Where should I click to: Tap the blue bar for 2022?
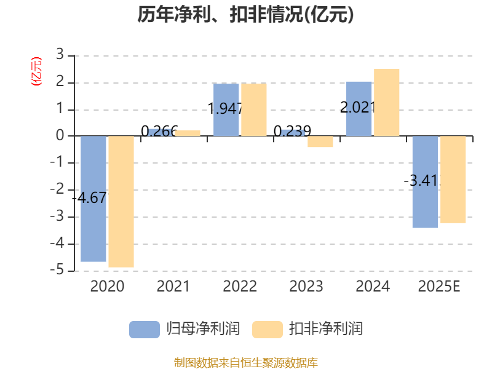coord(226,109)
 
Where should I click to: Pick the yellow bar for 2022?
coord(254,109)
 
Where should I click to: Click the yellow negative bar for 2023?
coord(320,141)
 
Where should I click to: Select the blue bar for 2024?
coord(359,108)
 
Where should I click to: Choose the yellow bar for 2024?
coord(386,101)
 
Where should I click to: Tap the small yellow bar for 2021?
coord(188,132)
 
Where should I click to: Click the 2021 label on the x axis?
coord(173,287)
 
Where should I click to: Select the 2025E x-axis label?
coord(439,287)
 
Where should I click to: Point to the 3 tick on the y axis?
coord(60,55)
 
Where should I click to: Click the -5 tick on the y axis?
coord(58,271)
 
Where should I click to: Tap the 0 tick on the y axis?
coord(60,136)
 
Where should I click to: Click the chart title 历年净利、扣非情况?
coord(246,15)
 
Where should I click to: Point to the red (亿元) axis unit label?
coord(36,71)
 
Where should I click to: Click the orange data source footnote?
coord(246,362)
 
